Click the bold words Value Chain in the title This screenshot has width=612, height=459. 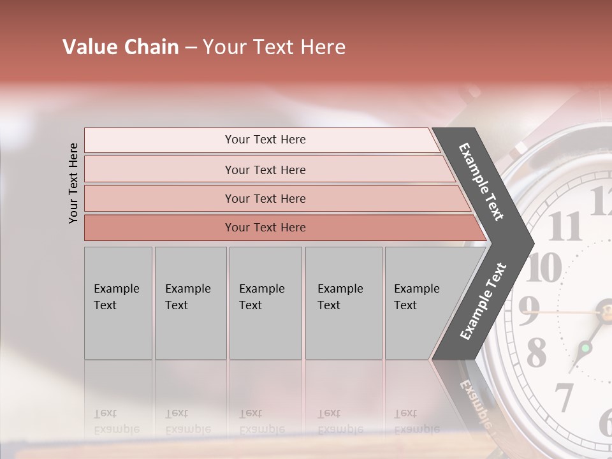120,47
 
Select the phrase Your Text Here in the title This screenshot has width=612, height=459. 274,47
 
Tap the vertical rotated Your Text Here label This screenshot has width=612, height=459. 73,183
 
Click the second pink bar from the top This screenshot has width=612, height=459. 265,170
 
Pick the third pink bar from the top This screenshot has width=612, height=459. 265,198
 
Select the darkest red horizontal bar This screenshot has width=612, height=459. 265,228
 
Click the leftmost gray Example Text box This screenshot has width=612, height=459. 118,303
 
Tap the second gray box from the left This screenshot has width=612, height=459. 190,303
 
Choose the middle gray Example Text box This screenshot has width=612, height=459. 265,303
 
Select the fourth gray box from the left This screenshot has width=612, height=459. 343,303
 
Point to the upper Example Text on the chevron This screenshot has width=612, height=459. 481,182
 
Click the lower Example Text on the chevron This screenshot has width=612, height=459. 483,301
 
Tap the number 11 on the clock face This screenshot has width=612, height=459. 565,226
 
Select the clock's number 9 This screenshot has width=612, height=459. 528,310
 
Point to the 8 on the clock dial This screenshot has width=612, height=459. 536,352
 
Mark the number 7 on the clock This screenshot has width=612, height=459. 564,397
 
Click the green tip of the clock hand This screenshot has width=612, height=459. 585,349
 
